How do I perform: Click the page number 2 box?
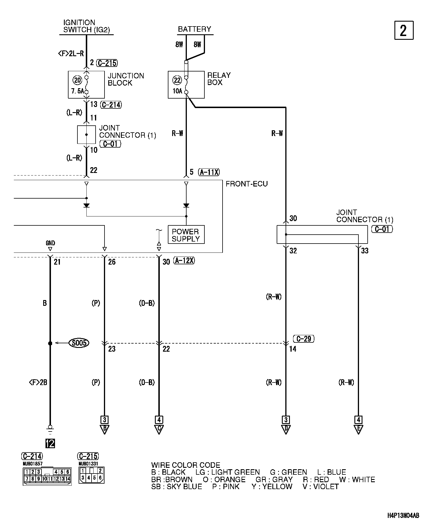(404, 30)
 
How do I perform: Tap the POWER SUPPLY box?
(186, 235)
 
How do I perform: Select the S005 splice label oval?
(79, 343)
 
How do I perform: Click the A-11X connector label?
(209, 172)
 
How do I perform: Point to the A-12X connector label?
(184, 261)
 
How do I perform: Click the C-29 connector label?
(303, 339)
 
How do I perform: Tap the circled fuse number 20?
(78, 80)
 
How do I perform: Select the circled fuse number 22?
(177, 80)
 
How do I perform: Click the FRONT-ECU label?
(246, 184)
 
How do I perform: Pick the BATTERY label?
(194, 29)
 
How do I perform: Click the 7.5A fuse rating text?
(77, 91)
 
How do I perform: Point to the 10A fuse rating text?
(177, 91)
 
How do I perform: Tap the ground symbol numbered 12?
(50, 443)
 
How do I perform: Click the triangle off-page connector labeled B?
(105, 429)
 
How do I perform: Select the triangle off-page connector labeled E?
(358, 429)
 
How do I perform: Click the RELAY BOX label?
(219, 79)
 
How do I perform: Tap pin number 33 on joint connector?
(365, 251)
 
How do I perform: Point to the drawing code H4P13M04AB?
(403, 515)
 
